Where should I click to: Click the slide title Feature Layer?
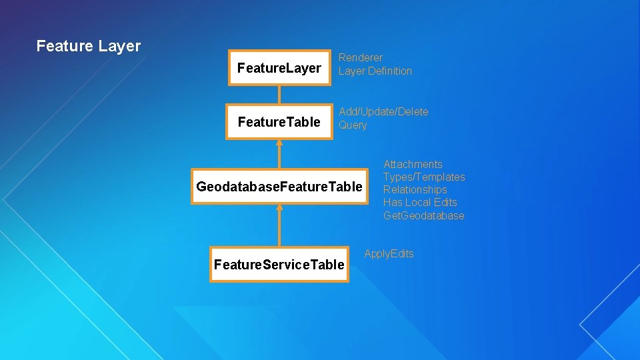(89, 46)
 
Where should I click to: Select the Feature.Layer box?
(279, 68)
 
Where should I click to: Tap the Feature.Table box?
(279, 121)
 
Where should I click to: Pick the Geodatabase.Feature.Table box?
(279, 186)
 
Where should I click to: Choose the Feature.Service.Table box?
(279, 265)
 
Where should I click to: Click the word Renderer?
(361, 58)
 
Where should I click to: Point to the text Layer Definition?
(375, 71)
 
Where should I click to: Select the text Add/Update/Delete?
(383, 111)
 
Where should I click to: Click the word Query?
(353, 125)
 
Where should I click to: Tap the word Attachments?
(413, 164)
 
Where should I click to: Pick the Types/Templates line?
(424, 177)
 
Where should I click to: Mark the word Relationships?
(415, 189)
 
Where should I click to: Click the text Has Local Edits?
(420, 202)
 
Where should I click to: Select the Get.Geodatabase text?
(423, 215)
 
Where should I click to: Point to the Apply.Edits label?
(389, 253)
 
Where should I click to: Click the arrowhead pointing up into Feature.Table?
(279, 143)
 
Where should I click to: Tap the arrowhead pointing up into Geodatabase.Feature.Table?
(279, 207)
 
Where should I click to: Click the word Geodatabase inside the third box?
(237, 186)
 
